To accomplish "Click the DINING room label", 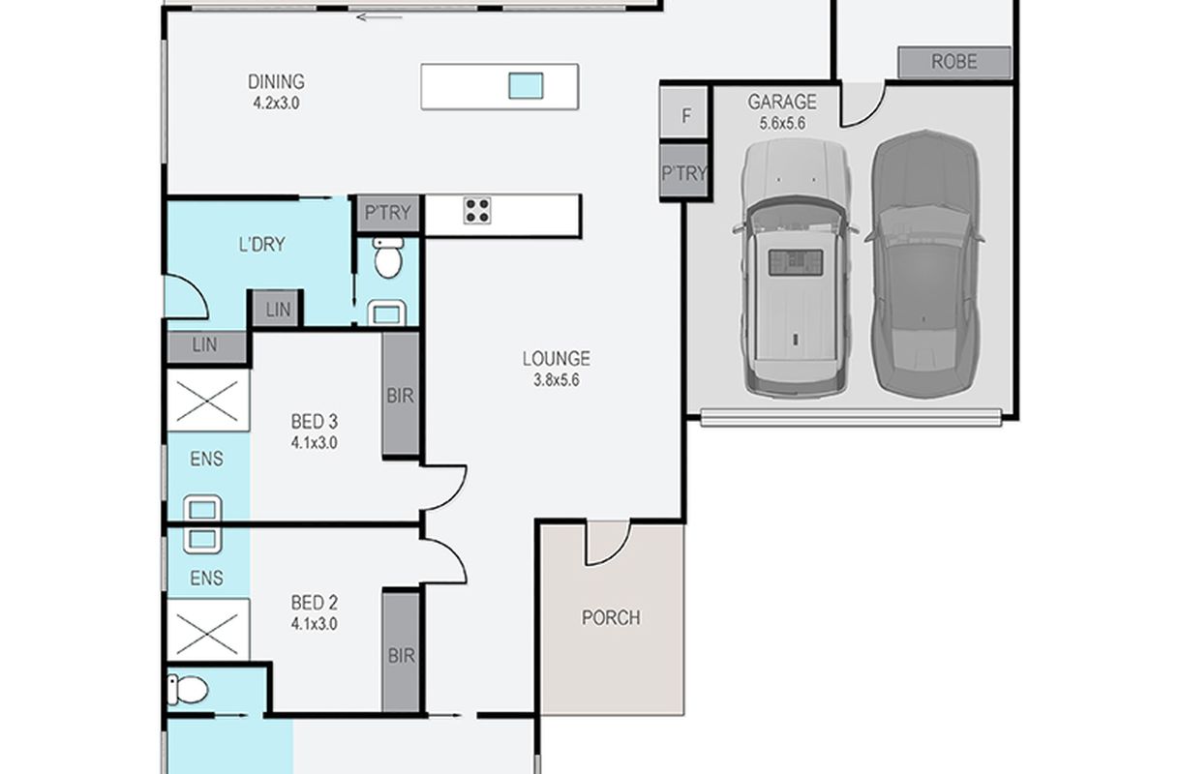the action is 276,81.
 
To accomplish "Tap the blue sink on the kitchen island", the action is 526,86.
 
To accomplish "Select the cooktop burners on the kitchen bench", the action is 477,211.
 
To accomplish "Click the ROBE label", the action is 954,62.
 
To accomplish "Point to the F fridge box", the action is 683,113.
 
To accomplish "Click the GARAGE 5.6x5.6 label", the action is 782,111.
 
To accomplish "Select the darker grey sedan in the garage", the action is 925,263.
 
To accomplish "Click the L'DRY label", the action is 261,245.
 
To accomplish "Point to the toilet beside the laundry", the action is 388,258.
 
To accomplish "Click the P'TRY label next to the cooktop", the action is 388,213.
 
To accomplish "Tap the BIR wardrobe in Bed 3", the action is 401,394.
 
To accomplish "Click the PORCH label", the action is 611,617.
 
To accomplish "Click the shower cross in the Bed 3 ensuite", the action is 207,402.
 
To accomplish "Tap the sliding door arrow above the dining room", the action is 379,17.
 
